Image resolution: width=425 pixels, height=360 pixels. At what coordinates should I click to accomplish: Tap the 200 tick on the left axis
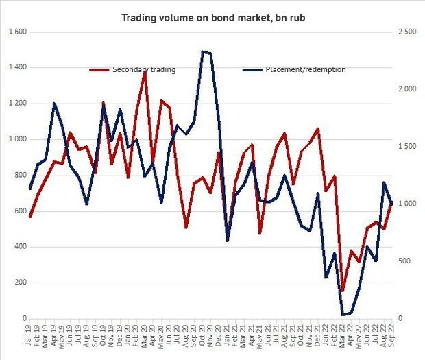[x=19, y=283]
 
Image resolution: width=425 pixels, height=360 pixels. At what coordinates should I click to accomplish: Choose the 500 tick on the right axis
[x=406, y=261]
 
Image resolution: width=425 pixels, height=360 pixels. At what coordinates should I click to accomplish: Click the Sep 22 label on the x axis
[x=391, y=336]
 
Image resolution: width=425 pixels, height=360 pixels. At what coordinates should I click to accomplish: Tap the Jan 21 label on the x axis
[x=227, y=336]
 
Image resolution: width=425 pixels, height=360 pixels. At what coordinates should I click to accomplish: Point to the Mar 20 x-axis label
[x=145, y=336]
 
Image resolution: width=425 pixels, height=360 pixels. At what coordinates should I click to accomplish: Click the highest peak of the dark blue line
[x=202, y=51]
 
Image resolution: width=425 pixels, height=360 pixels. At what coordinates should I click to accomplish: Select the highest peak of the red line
[x=145, y=71]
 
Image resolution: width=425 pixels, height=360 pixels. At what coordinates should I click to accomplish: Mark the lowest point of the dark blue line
[x=342, y=315]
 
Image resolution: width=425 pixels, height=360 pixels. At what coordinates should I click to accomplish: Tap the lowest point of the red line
[x=342, y=291]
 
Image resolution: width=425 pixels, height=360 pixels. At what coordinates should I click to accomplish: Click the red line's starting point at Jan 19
[x=30, y=217]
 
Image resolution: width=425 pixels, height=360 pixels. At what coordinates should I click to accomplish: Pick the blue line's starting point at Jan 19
[x=30, y=189]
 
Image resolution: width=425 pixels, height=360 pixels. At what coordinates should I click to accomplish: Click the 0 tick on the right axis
[x=402, y=319]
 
